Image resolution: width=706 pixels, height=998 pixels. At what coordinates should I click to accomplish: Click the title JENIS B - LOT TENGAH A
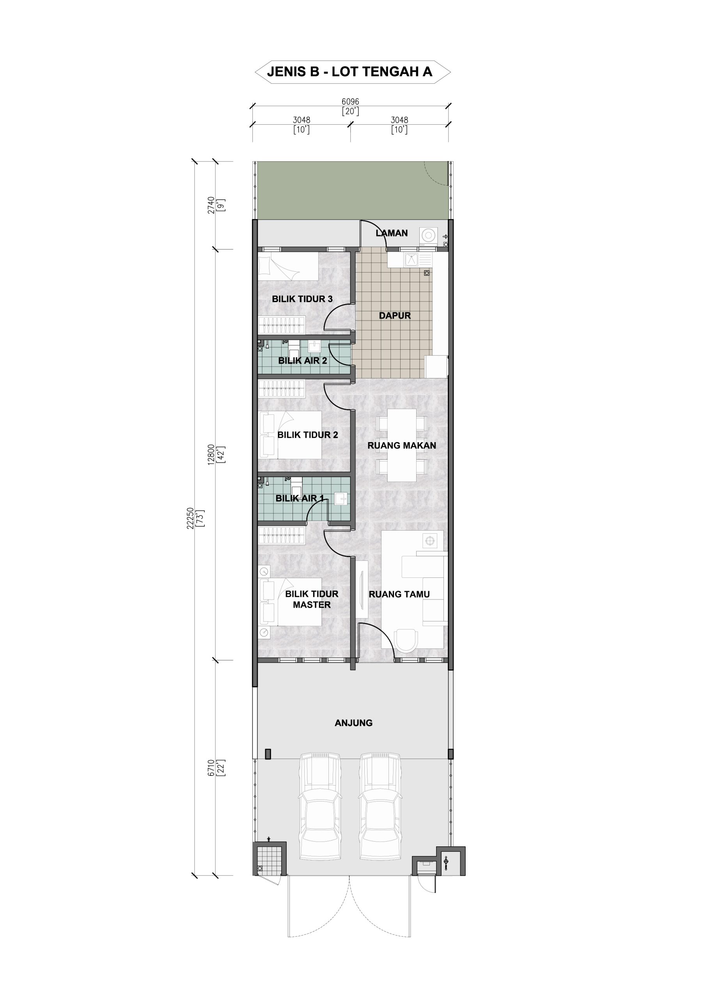(350, 72)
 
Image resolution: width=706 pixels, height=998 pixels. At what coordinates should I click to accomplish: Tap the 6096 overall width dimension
(350, 102)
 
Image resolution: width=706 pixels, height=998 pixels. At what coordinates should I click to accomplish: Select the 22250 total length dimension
(190, 518)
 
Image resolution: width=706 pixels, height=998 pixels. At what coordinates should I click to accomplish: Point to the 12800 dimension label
(211, 455)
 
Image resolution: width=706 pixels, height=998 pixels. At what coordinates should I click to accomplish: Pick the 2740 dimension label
(211, 205)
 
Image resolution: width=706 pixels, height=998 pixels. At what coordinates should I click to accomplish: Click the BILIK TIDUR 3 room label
(302, 299)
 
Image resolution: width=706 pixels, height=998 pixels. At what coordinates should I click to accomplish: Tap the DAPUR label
(395, 315)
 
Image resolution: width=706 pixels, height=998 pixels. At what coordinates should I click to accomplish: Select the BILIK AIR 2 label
(303, 360)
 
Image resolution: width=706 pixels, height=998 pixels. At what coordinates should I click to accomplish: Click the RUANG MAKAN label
(401, 446)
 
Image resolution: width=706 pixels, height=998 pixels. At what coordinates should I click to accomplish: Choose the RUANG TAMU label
(399, 594)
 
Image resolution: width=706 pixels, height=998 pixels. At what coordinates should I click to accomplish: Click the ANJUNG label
(354, 723)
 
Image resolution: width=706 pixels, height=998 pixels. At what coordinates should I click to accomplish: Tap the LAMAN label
(392, 233)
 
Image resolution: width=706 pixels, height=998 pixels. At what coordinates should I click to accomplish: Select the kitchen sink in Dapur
(412, 260)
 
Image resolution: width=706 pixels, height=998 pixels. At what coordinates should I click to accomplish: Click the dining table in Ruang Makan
(401, 445)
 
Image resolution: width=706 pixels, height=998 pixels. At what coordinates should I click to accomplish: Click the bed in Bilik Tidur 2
(291, 435)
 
